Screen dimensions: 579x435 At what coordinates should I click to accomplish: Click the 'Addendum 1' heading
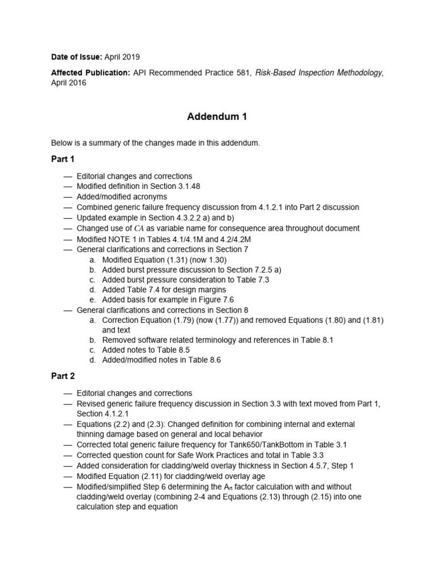coord(217,117)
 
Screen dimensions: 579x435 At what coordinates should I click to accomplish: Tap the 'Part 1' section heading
coord(62,159)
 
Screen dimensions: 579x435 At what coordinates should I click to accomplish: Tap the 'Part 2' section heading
coord(62,376)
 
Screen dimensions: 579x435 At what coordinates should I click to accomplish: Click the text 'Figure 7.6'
coord(215,300)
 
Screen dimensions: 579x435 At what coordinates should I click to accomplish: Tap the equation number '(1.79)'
coord(185,320)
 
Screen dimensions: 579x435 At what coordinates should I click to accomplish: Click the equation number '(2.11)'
coord(156,476)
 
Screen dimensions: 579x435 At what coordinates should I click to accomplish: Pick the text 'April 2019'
coord(122,57)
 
